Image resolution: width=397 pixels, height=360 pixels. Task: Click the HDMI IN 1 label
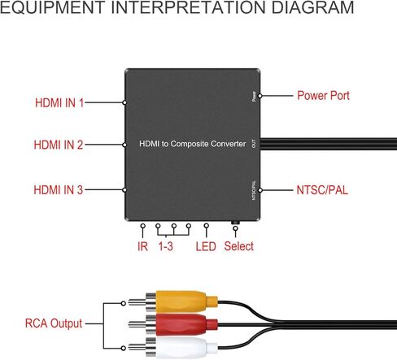point(59,103)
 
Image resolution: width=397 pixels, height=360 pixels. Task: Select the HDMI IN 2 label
point(59,145)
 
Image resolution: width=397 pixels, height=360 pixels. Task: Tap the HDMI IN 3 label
point(58,189)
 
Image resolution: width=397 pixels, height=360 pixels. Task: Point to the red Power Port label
point(323,95)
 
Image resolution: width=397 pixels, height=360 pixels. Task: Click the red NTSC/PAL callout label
point(322,190)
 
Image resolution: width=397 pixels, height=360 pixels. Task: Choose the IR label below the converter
point(142,246)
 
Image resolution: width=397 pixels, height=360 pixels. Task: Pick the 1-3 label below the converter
point(165,246)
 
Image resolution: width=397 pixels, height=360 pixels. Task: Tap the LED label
point(206,246)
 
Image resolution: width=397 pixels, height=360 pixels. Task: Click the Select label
point(239,246)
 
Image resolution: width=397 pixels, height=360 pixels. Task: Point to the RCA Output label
point(54,323)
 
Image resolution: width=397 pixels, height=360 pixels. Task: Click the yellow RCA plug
point(173,301)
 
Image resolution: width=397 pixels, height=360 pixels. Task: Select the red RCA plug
point(173,324)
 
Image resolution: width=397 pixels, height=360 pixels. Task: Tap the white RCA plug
point(173,347)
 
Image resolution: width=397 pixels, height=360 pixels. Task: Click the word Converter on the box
point(228,144)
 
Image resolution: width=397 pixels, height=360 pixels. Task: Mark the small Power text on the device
point(254,97)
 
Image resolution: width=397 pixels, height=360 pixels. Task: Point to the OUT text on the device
point(254,144)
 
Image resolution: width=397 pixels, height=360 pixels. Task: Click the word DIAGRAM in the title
point(312,7)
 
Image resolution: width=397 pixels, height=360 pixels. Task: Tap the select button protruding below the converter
point(235,223)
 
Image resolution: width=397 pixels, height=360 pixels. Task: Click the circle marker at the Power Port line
point(260,96)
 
